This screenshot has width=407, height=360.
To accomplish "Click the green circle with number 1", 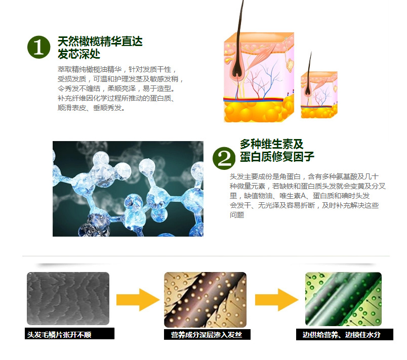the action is (x=39, y=47).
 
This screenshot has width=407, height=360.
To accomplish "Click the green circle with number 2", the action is (x=224, y=158).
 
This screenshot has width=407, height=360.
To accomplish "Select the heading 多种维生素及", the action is (x=271, y=144).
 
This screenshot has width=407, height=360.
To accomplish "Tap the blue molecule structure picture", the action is (x=128, y=189).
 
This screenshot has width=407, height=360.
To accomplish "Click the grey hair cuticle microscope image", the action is (x=68, y=298).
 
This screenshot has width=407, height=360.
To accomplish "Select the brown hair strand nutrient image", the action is (x=205, y=298).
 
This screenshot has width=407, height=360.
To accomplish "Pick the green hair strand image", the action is (x=343, y=298).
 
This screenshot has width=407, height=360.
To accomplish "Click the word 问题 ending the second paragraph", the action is (x=237, y=215).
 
